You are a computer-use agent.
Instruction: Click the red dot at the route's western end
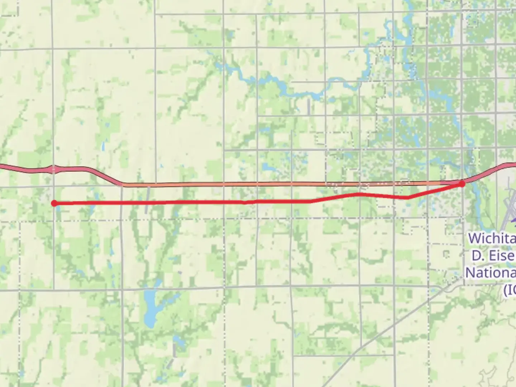click(54, 203)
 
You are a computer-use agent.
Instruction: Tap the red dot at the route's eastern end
click(462, 183)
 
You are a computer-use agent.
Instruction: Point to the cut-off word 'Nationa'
click(491, 272)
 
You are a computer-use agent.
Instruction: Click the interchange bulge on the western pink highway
click(53, 169)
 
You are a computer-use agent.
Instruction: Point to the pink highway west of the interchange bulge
click(21, 169)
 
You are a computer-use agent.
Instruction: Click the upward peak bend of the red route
click(358, 194)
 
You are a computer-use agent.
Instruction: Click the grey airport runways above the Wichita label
click(509, 208)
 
